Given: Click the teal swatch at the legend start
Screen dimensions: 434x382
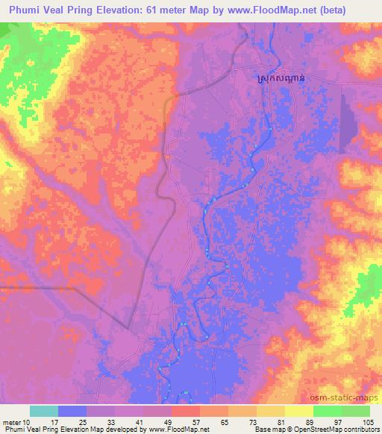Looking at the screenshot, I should click(44, 411).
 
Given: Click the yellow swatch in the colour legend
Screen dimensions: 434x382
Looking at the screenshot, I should click(299, 411).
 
